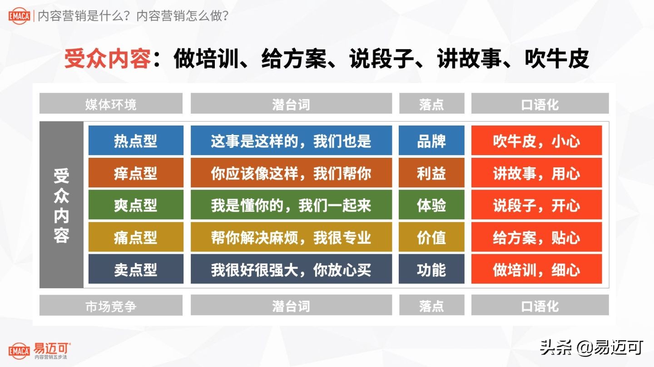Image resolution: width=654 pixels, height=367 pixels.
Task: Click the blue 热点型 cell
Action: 136,141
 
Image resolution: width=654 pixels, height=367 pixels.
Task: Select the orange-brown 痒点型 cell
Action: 136,173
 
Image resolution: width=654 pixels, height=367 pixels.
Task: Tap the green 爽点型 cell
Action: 136,205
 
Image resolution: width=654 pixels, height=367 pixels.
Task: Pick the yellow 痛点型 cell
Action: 136,237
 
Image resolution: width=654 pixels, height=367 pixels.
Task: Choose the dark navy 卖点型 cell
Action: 136,269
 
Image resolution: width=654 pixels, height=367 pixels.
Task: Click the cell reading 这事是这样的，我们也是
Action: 291,141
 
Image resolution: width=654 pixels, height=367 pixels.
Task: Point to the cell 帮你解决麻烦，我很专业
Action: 291,237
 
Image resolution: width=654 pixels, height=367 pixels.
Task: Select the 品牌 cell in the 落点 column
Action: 431,141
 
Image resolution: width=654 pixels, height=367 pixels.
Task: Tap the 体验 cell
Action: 431,205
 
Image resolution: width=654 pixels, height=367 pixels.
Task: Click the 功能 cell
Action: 431,269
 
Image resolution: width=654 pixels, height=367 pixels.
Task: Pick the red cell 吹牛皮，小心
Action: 536,141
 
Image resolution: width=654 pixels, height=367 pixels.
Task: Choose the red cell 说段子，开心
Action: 536,205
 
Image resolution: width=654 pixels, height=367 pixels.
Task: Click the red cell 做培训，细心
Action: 536,269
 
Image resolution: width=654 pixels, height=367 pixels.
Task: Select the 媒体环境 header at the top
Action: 111,104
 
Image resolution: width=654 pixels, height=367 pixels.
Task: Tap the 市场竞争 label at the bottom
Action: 111,306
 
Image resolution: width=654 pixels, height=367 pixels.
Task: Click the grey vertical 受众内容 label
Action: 61,205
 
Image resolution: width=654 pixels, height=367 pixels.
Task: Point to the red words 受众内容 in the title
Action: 107,59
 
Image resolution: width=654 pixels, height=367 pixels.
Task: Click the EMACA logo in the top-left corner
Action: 19,16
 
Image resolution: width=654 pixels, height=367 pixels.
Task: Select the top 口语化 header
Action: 540,104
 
